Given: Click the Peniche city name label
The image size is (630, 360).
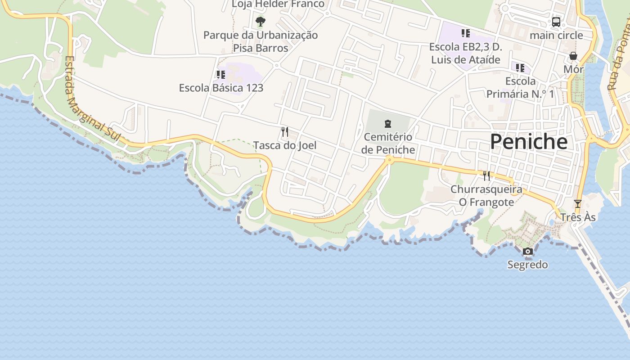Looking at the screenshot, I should tap(528, 142).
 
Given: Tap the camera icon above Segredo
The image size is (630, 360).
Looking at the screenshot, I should tap(528, 251).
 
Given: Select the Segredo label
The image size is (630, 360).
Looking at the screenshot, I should tap(527, 265).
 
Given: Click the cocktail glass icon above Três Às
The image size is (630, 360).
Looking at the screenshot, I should tap(578, 204).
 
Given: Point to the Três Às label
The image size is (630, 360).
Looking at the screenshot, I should tap(578, 217).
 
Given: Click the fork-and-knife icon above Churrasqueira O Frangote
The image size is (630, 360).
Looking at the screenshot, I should tap(486, 175).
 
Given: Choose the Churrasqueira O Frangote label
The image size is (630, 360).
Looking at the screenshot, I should tap(486, 196).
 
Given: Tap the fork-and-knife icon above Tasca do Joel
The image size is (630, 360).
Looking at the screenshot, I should tap(284, 132).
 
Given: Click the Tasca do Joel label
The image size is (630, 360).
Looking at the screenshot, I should tap(284, 145).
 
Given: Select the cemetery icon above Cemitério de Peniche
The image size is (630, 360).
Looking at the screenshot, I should tap(387, 124).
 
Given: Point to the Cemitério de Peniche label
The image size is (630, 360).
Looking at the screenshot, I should tap(387, 143).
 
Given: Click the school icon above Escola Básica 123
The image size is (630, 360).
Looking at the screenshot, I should tap(220, 74).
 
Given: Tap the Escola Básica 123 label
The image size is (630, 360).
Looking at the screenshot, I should tap(221, 88).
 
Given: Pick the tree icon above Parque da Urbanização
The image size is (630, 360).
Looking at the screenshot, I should tap(260, 22).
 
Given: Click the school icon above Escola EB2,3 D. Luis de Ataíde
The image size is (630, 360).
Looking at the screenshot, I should tap(465, 33).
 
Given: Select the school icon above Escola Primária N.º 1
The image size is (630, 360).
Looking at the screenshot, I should tap(520, 68).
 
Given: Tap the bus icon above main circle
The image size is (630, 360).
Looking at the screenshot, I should tap(556, 22).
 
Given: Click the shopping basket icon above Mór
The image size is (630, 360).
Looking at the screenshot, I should tap(573, 56).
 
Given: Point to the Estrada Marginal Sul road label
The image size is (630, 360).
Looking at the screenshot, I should tap(92, 100).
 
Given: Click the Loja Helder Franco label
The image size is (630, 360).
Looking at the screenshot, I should tap(278, 4).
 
